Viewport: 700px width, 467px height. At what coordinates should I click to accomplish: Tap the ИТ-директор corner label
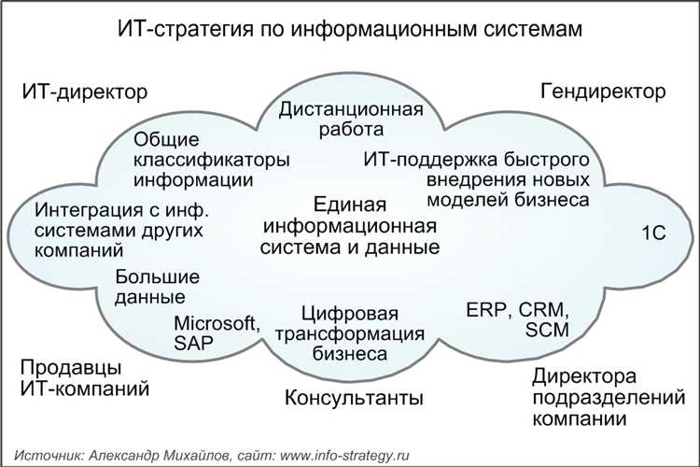coord(85,92)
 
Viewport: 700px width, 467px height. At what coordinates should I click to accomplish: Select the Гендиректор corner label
coord(603,92)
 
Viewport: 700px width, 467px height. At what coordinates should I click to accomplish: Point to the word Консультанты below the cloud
coord(354,399)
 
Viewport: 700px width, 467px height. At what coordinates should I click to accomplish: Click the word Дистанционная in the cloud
coord(351,109)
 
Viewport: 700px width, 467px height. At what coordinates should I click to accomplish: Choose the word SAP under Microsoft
coord(193,343)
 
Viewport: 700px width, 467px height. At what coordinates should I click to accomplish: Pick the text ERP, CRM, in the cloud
coord(517,309)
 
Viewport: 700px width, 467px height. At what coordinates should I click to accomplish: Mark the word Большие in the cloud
coord(158,277)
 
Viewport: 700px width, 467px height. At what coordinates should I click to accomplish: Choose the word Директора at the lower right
coord(584,377)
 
